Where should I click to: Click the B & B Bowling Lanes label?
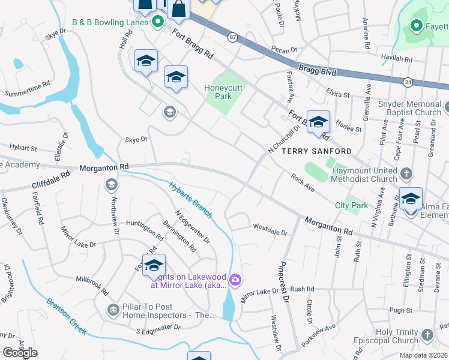point(110,22)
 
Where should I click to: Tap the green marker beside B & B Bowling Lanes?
point(158,22)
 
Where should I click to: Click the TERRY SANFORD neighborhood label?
point(317,151)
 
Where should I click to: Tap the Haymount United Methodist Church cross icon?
point(406,174)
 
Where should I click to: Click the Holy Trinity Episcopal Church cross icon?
point(427,335)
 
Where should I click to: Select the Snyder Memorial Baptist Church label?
point(410,108)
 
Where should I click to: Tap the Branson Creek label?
point(67,316)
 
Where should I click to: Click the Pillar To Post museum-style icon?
point(113,310)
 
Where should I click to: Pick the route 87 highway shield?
point(232,37)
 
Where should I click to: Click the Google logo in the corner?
point(20,353)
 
